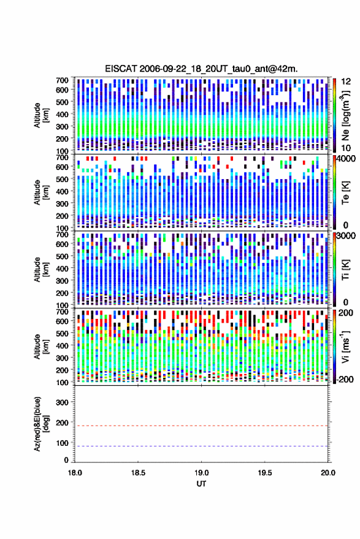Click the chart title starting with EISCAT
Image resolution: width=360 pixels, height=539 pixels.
click(201, 69)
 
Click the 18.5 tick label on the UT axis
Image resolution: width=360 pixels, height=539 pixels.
click(138, 473)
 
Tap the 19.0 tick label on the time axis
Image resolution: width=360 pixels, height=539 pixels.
click(202, 473)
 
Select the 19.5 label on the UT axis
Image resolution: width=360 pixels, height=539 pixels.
click(265, 473)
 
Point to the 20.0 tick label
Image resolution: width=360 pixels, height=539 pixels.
click(328, 473)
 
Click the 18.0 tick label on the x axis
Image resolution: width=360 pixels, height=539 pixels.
click(75, 473)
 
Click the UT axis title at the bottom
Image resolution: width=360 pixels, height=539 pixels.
click(202, 484)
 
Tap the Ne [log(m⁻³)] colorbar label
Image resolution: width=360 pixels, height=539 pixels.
click(345, 115)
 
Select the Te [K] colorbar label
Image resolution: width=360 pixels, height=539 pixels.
click(345, 193)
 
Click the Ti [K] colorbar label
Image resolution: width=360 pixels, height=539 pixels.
click(345, 270)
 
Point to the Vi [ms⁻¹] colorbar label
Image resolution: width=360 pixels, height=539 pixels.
click(345, 346)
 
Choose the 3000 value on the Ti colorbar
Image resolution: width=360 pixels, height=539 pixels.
click(347, 236)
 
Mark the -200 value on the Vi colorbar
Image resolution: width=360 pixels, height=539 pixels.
click(345, 379)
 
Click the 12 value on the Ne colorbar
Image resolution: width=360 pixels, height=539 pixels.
click(346, 82)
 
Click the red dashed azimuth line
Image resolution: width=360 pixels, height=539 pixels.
click(202, 426)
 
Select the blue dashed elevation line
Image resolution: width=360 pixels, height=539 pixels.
click(202, 446)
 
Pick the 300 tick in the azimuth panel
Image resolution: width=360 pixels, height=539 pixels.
click(62, 402)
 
